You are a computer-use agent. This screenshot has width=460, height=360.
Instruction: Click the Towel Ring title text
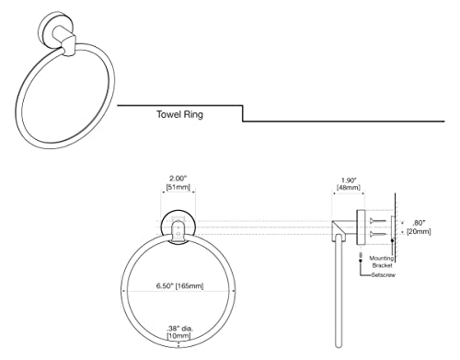click(x=179, y=114)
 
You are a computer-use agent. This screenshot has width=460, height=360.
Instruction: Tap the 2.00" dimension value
click(x=178, y=179)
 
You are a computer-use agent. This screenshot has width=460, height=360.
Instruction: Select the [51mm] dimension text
click(x=178, y=187)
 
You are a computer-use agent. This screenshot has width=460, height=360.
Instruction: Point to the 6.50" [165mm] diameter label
click(x=179, y=286)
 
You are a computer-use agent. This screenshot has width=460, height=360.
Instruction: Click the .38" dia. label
click(x=179, y=328)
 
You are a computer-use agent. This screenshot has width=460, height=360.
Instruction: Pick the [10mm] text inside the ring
click(x=178, y=336)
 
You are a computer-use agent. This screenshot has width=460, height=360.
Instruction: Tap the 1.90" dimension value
click(x=349, y=180)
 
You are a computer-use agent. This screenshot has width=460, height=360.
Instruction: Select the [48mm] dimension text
click(x=349, y=187)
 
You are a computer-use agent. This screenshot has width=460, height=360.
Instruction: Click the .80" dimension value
click(x=419, y=223)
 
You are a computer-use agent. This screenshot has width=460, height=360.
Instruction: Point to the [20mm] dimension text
click(x=419, y=231)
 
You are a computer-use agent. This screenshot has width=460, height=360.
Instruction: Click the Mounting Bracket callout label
click(x=382, y=261)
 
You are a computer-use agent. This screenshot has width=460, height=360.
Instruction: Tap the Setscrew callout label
click(x=384, y=275)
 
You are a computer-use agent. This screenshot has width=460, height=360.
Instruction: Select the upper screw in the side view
click(x=378, y=221)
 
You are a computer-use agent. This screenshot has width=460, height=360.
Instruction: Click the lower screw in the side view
click(x=378, y=235)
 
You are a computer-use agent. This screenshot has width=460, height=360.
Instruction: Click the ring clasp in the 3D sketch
click(x=69, y=46)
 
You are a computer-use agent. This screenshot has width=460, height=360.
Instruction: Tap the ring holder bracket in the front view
click(x=178, y=233)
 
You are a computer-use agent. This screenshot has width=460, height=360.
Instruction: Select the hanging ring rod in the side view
click(x=339, y=291)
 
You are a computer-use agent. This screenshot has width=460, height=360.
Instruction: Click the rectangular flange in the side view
click(x=361, y=227)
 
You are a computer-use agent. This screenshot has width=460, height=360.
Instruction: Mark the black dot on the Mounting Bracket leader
click(x=392, y=240)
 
